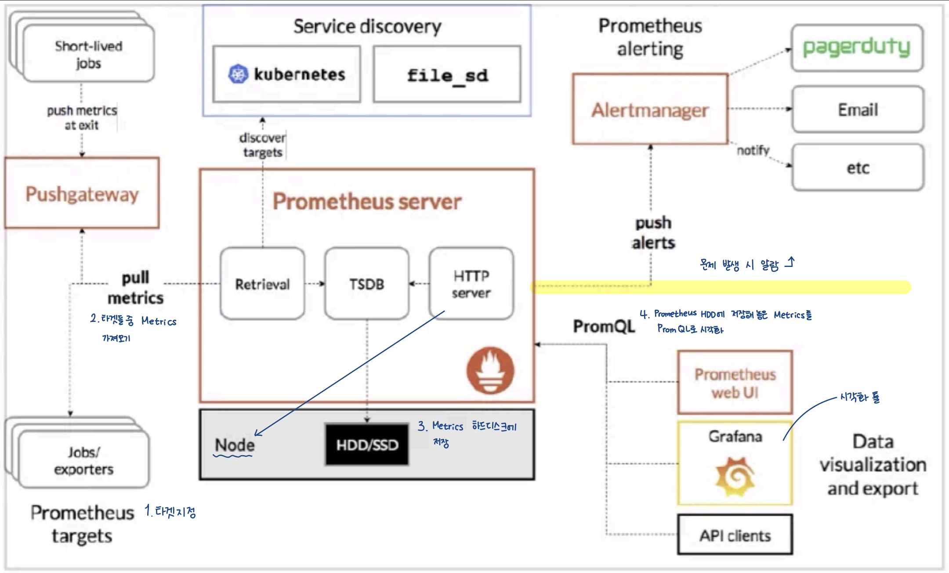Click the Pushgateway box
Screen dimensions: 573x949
pos(82,193)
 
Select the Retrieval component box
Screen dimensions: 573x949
pos(262,284)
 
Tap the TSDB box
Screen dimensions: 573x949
pos(367,284)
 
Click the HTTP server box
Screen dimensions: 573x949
pos(471,284)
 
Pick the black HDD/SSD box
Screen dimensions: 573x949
pos(367,445)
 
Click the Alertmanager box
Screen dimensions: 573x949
pos(650,109)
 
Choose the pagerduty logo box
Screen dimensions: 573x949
pos(857,47)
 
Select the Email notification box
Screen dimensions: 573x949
pos(858,109)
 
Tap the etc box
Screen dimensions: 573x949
pos(858,168)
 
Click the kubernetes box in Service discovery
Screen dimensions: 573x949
pos(287,74)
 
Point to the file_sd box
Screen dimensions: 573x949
pos(447,75)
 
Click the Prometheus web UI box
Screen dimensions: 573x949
pos(735,383)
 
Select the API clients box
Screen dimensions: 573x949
pos(735,535)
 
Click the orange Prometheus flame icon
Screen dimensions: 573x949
pos(490,370)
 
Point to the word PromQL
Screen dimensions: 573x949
pos(604,326)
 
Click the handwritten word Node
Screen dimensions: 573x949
pos(235,445)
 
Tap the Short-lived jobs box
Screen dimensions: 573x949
pos(88,54)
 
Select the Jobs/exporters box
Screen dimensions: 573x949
pos(83,460)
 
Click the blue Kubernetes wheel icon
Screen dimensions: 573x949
pos(238,74)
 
